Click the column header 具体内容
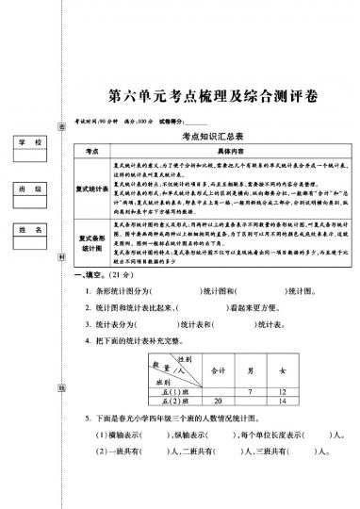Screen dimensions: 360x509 pos(230,151)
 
